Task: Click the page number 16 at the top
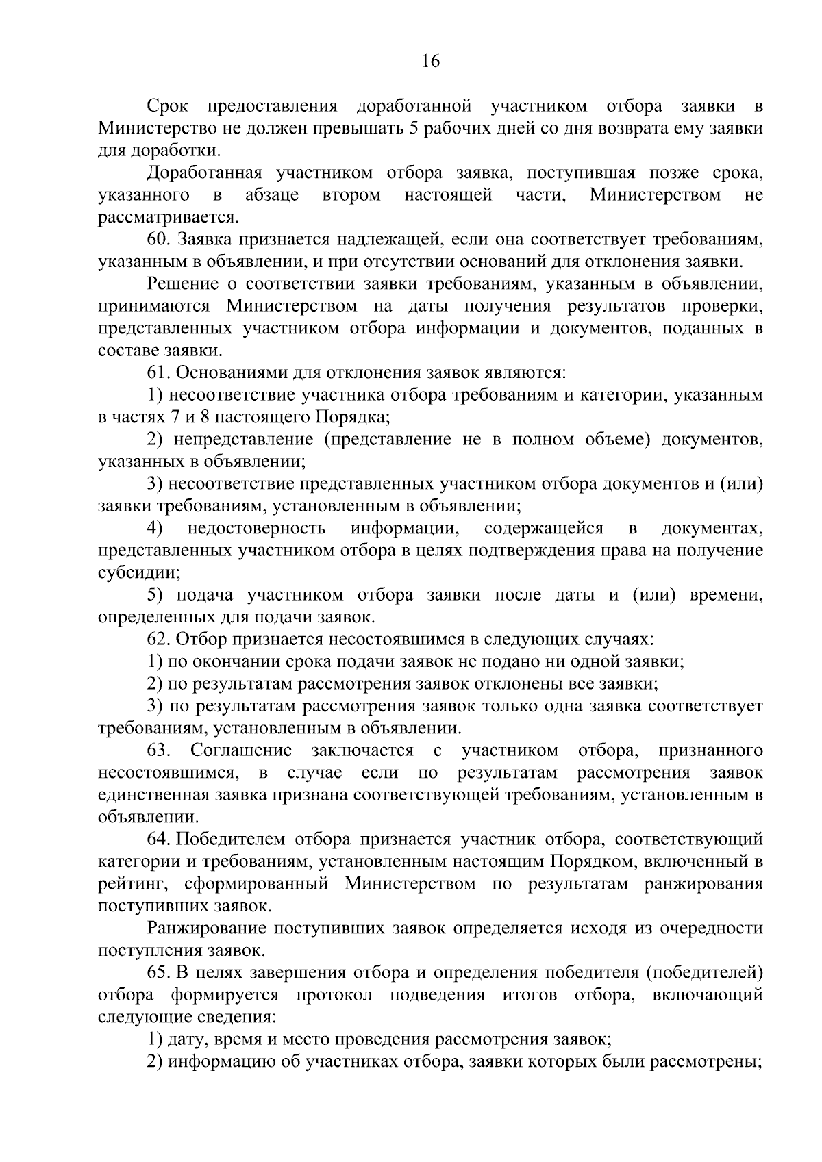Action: [x=430, y=62]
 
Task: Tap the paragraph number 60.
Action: [x=158, y=239]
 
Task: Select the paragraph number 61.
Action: [x=158, y=373]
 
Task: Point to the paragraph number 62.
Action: [x=158, y=639]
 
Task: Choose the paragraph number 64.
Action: [x=158, y=839]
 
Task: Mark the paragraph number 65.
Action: [x=158, y=973]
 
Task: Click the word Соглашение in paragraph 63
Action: [x=241, y=750]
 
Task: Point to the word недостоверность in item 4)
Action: [x=256, y=529]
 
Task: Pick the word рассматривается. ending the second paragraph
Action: [x=169, y=218]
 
